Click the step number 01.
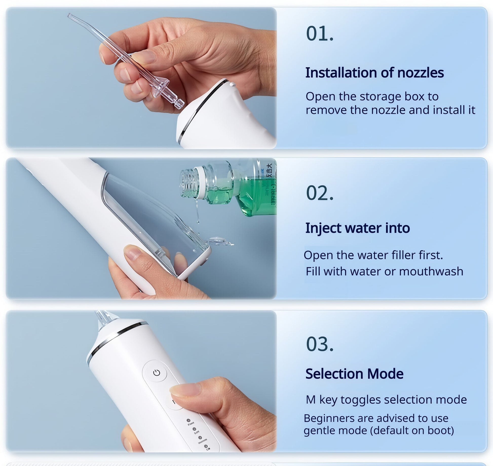tap(319, 34)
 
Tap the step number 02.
tap(319, 193)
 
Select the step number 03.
tap(319, 345)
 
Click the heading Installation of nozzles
tap(374, 73)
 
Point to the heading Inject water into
tap(357, 228)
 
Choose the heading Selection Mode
tap(354, 374)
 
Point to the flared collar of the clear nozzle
tap(162, 87)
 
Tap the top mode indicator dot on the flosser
tap(188, 420)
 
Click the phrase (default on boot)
tap(412, 430)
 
